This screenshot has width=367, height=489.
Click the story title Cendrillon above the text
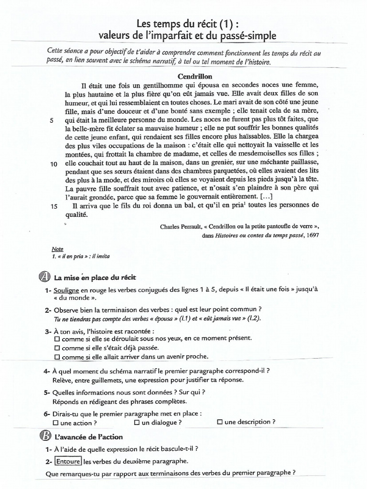tap(195, 76)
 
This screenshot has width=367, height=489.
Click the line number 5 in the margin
tap(52, 120)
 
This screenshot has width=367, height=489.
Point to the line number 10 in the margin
tap(54, 163)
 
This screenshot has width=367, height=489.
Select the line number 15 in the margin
tap(54, 206)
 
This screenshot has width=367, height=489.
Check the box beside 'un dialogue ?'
tap(137, 423)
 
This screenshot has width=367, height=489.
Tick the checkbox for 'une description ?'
tap(219, 422)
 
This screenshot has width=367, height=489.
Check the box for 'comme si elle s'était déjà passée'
tap(57, 348)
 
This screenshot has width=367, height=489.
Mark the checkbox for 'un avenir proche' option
tap(57, 357)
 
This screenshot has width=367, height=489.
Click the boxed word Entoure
tap(68, 461)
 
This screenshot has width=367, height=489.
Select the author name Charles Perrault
tap(182, 227)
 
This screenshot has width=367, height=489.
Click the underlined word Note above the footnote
tap(57, 249)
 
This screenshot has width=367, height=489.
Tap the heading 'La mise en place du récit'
tap(97, 277)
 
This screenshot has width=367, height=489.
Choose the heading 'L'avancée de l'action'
tap(88, 436)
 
